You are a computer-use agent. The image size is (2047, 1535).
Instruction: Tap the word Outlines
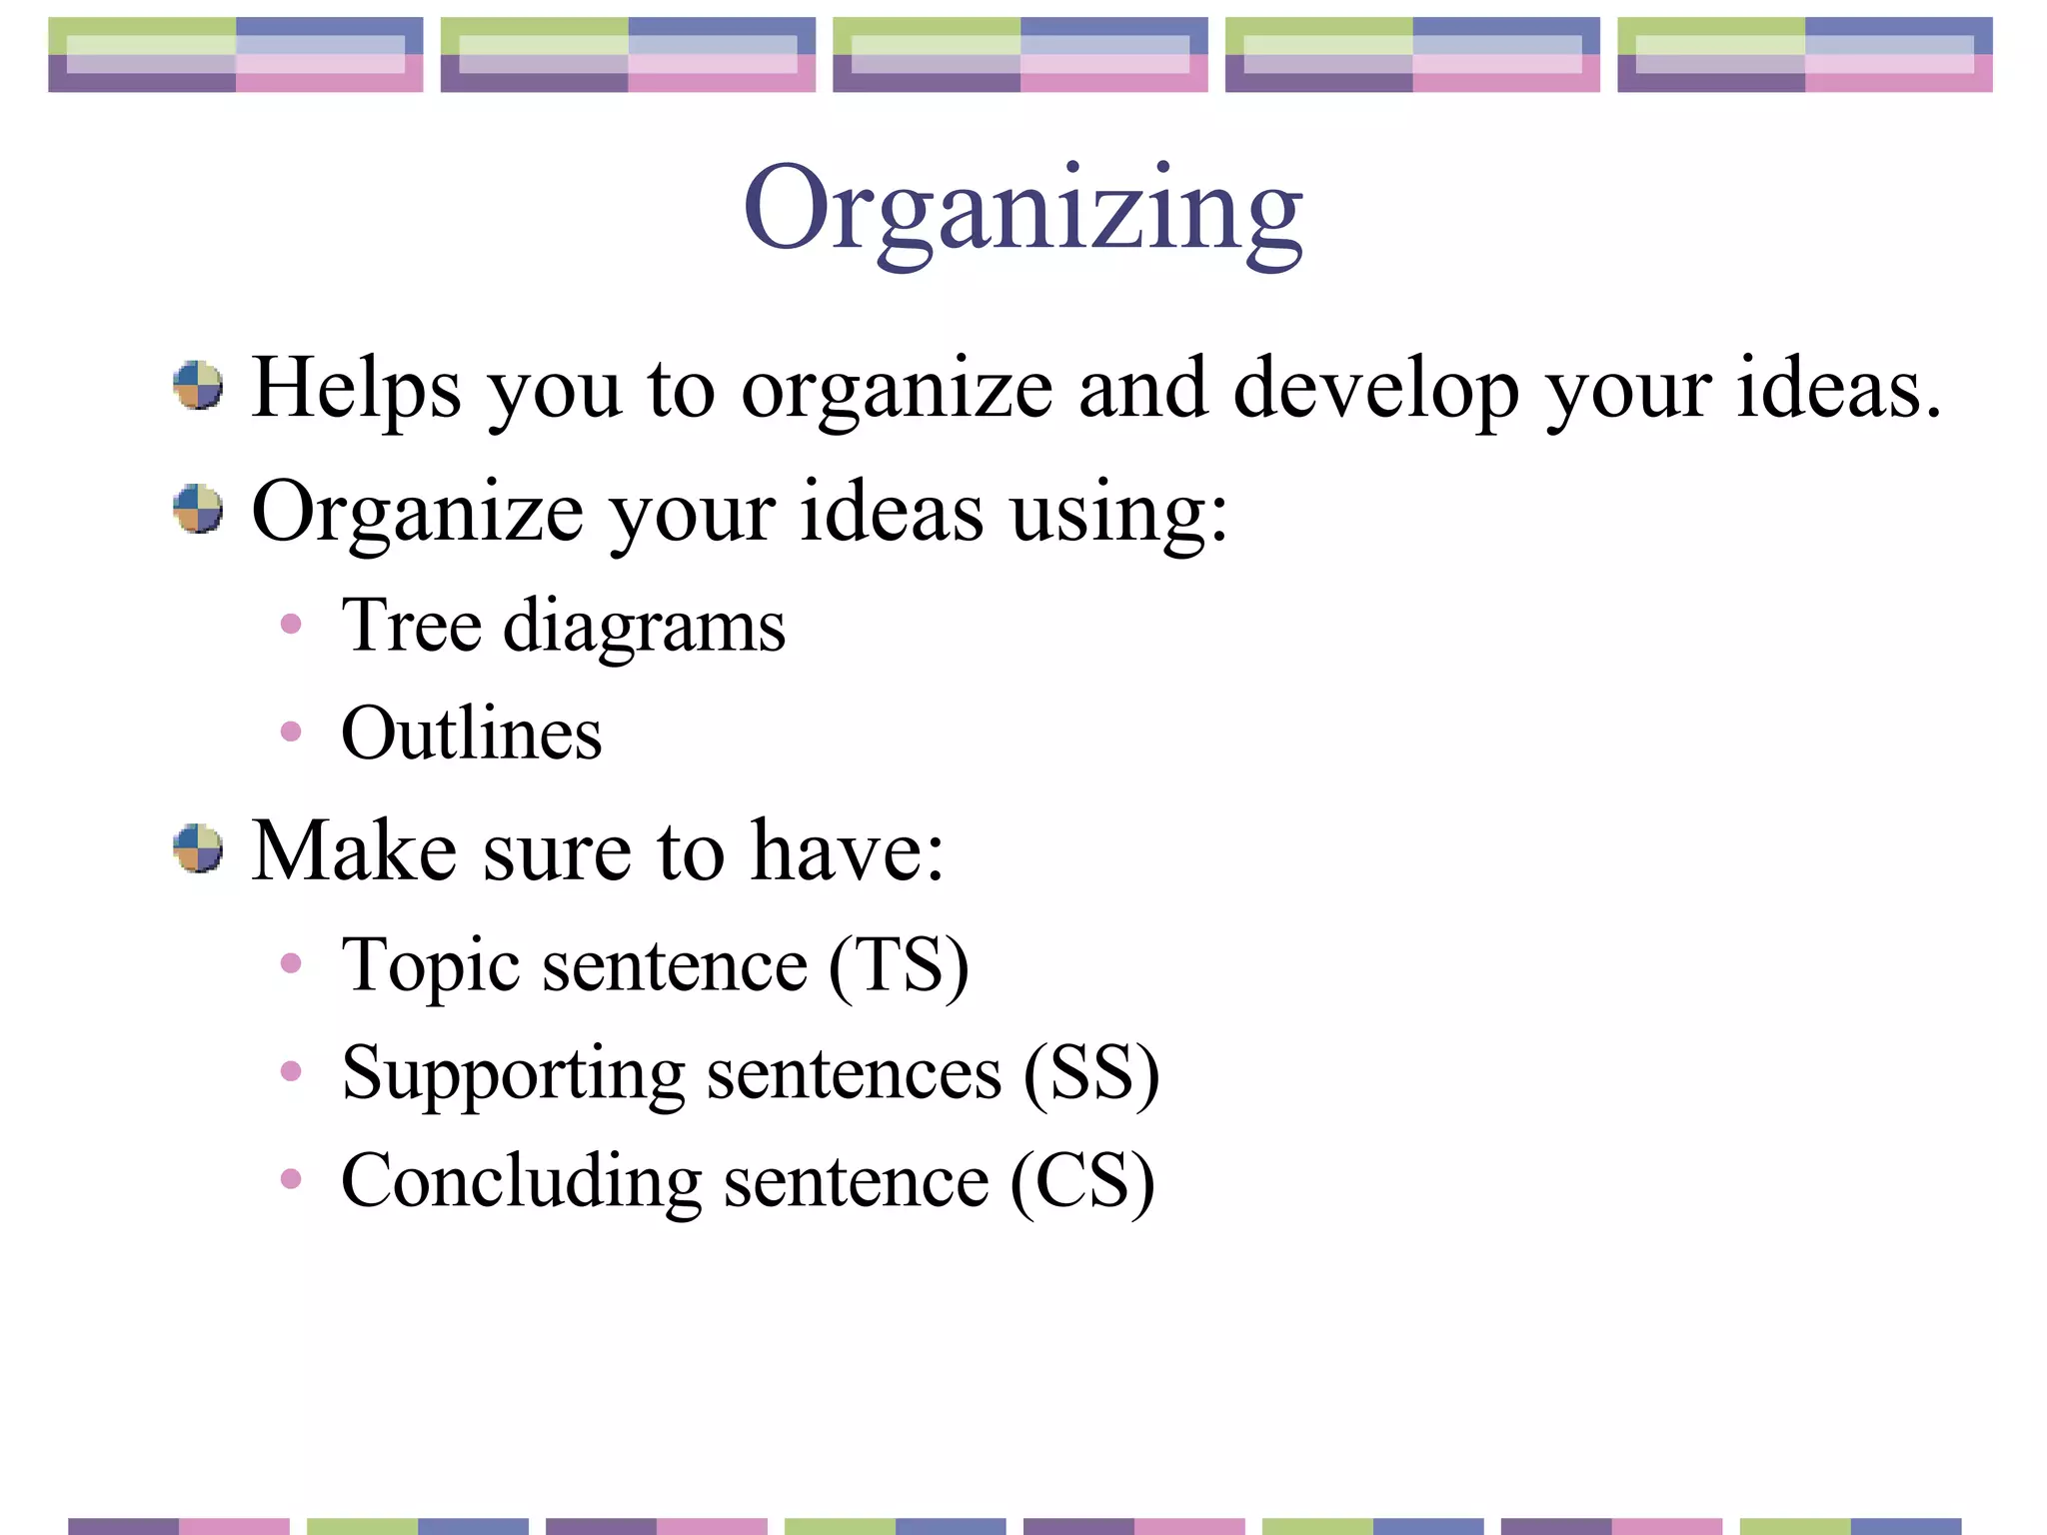pyautogui.click(x=471, y=734)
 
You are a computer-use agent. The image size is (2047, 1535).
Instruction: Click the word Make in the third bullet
pyautogui.click(x=354, y=850)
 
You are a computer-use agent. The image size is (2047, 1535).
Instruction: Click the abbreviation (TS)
pyautogui.click(x=899, y=966)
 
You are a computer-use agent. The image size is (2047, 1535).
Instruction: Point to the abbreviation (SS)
pyautogui.click(x=1090, y=1074)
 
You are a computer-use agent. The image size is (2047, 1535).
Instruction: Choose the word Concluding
pyautogui.click(x=521, y=1182)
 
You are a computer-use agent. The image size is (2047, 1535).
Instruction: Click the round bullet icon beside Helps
pyautogui.click(x=198, y=386)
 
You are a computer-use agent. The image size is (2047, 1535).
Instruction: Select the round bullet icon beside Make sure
pyautogui.click(x=198, y=848)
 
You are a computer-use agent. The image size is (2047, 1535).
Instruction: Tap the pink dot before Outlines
pyautogui.click(x=291, y=732)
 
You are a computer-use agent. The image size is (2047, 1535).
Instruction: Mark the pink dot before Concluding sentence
pyautogui.click(x=291, y=1179)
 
